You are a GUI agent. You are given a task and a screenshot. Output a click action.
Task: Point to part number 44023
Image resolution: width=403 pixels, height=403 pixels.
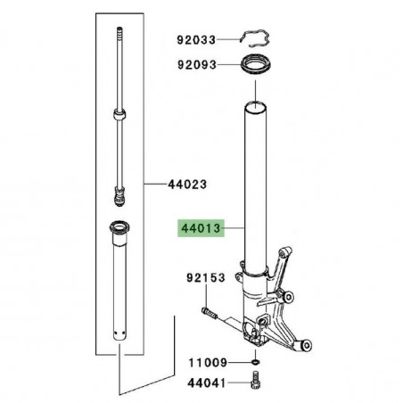click(187, 185)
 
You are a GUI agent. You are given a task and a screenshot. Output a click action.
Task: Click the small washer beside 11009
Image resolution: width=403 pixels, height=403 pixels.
click(256, 364)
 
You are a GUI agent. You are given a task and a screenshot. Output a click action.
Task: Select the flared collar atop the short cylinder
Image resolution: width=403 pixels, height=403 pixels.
click(119, 227)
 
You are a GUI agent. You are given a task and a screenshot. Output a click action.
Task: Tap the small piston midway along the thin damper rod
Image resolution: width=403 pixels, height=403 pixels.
click(118, 114)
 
